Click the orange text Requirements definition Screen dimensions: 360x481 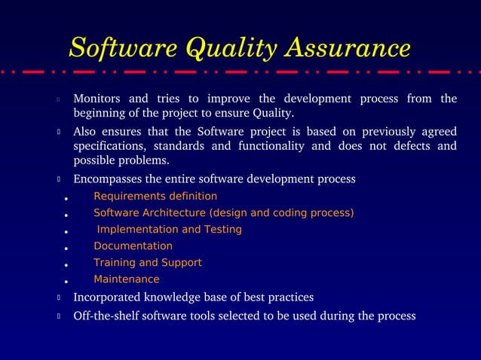(x=155, y=197)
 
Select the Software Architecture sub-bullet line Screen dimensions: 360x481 (x=224, y=213)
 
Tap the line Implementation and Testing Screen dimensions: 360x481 (x=169, y=230)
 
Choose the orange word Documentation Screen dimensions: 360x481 (x=133, y=246)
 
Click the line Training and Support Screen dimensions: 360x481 (x=148, y=263)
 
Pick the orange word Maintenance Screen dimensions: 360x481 (x=127, y=279)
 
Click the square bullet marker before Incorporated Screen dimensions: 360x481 (x=58, y=297)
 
